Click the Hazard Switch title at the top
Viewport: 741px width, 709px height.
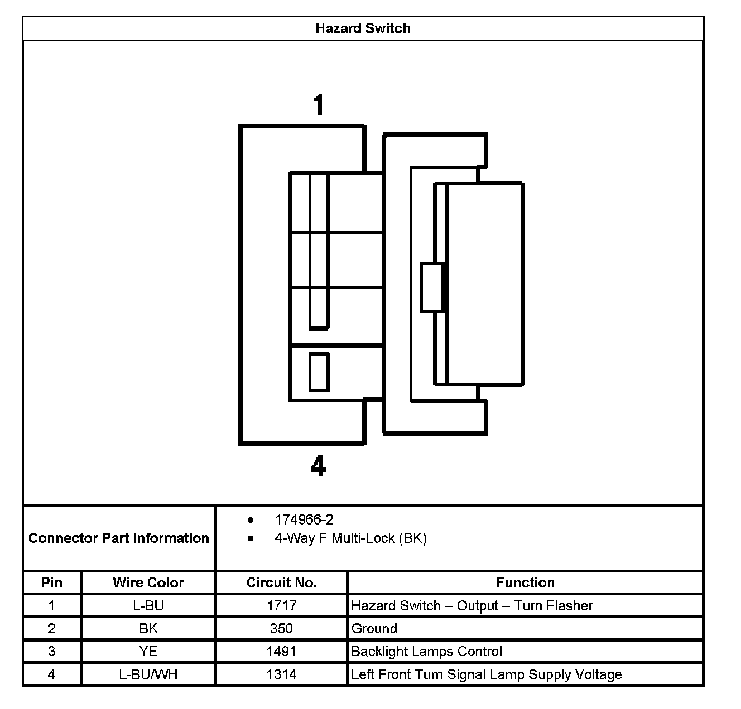click(363, 28)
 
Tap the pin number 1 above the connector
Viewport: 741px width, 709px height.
click(319, 105)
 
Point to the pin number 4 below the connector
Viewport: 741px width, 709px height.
click(318, 465)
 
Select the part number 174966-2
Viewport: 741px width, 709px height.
click(304, 520)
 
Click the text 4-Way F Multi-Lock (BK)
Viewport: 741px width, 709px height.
click(350, 538)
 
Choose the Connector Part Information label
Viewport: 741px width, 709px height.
click(119, 538)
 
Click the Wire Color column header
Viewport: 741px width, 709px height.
click(148, 582)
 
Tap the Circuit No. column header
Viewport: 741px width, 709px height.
click(281, 582)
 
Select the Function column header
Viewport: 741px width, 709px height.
click(525, 582)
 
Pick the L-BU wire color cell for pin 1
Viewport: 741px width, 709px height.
click(148, 606)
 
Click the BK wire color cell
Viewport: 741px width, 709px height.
click(148, 629)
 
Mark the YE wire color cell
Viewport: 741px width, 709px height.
click(148, 652)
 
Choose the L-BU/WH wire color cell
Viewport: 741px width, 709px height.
click(148, 674)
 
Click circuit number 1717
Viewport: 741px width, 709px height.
click(281, 606)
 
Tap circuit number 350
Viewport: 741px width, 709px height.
click(281, 629)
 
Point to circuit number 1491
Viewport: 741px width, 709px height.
click(281, 652)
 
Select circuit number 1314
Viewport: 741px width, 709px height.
click(281, 674)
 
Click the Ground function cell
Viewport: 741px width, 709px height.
click(374, 629)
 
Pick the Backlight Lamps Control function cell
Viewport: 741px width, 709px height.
click(426, 652)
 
